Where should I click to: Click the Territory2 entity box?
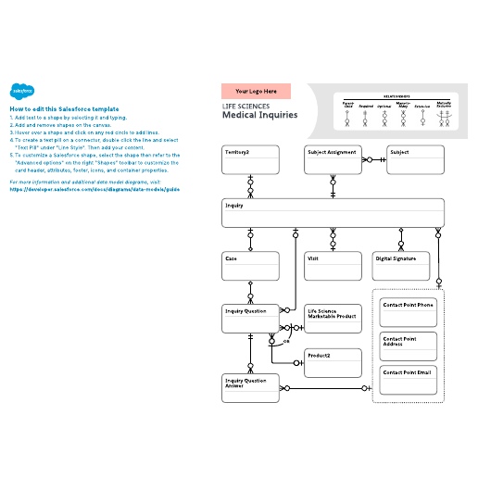[250, 159]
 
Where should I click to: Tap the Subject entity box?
[416, 159]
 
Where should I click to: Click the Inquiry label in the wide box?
[233, 207]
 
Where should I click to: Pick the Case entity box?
[250, 266]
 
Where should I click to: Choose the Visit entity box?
[333, 266]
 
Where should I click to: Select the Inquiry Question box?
[250, 319]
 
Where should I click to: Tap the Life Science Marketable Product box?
[333, 319]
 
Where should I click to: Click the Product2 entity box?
[333, 362]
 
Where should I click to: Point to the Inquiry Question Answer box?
[250, 387]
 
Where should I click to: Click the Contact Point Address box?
[409, 346]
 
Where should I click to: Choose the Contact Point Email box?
[409, 380]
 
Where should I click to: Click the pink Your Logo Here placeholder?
[256, 92]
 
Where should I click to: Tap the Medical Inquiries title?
[259, 116]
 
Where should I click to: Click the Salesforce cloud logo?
[21, 91]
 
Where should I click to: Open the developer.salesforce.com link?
[93, 188]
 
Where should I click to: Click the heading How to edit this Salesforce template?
[66, 109]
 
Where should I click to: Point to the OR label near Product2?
[286, 342]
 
